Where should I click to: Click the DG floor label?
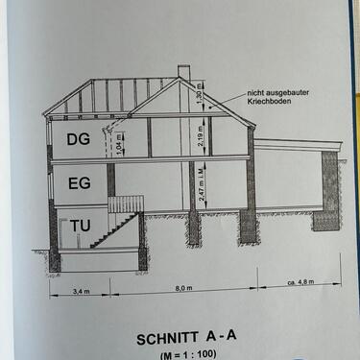(x=78, y=139)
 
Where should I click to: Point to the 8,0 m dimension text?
(x=186, y=286)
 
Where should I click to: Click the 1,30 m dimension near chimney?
(x=201, y=96)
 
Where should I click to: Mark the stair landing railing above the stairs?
(x=125, y=204)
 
